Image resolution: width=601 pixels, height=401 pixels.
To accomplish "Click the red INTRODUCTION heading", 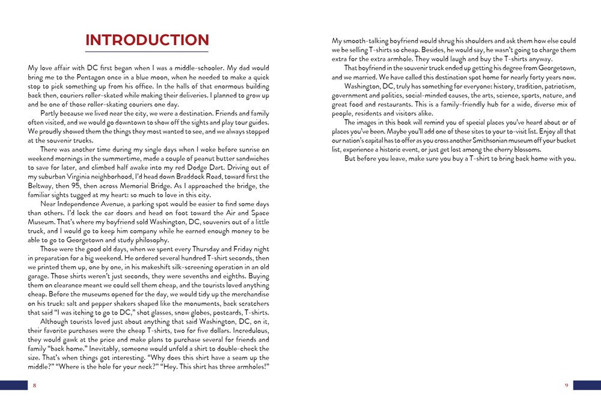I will click(x=147, y=40).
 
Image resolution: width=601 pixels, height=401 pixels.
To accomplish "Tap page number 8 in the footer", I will click(x=34, y=385).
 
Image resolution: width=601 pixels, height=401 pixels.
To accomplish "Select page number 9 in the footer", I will click(x=566, y=385).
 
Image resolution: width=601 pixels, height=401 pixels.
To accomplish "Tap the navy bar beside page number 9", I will click(x=587, y=385).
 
